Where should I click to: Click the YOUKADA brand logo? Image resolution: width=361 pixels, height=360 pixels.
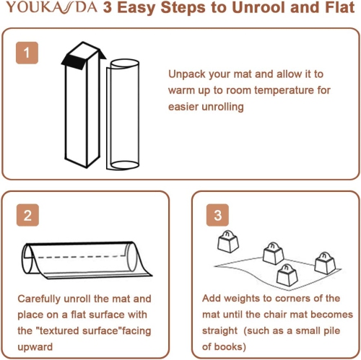pyautogui.click(x=52, y=7)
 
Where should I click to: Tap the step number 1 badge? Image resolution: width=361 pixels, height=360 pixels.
pyautogui.click(x=27, y=53)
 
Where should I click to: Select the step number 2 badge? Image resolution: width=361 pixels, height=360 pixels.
pyautogui.click(x=27, y=215)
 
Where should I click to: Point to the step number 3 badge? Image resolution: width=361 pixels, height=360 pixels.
pyautogui.click(x=217, y=215)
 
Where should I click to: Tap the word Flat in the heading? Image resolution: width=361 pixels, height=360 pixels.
pyautogui.click(x=340, y=7)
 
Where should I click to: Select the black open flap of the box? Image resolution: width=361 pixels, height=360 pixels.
pyautogui.click(x=73, y=62)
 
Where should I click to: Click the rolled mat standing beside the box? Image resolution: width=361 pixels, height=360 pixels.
pyautogui.click(x=123, y=115)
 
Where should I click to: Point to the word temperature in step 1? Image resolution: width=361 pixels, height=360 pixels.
pyautogui.click(x=284, y=90)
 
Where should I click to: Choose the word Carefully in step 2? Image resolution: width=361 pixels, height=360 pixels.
pyautogui.click(x=39, y=299)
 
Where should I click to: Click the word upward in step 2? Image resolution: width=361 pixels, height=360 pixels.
pyautogui.click(x=35, y=347)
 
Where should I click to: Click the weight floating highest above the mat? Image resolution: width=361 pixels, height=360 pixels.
pyautogui.click(x=228, y=242)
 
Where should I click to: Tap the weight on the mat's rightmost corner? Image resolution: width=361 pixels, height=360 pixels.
pyautogui.click(x=325, y=263)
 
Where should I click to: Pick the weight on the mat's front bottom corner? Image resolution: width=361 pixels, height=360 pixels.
pyautogui.click(x=287, y=276)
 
